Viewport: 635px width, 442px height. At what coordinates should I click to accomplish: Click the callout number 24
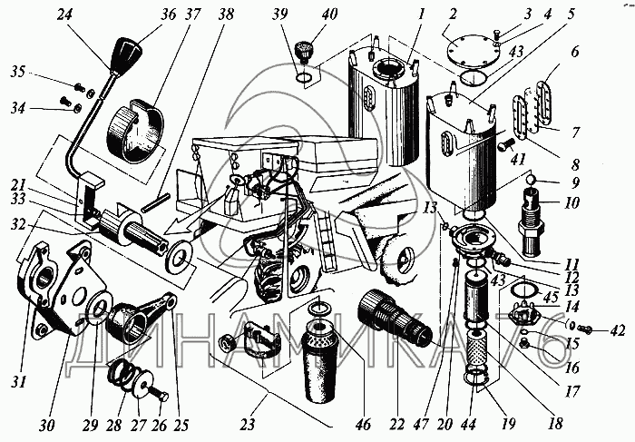click(63, 15)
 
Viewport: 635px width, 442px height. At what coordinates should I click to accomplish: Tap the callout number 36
click(168, 15)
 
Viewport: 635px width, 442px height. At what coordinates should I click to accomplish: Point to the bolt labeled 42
click(588, 329)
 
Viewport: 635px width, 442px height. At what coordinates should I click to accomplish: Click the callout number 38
click(225, 15)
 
